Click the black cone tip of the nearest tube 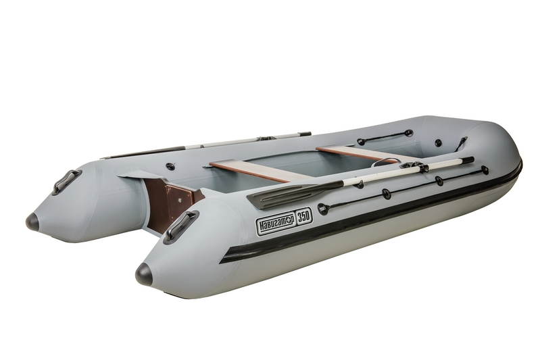pos(144,275)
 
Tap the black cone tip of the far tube pos(32,221)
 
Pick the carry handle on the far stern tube pos(66,182)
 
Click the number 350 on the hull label pos(304,217)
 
